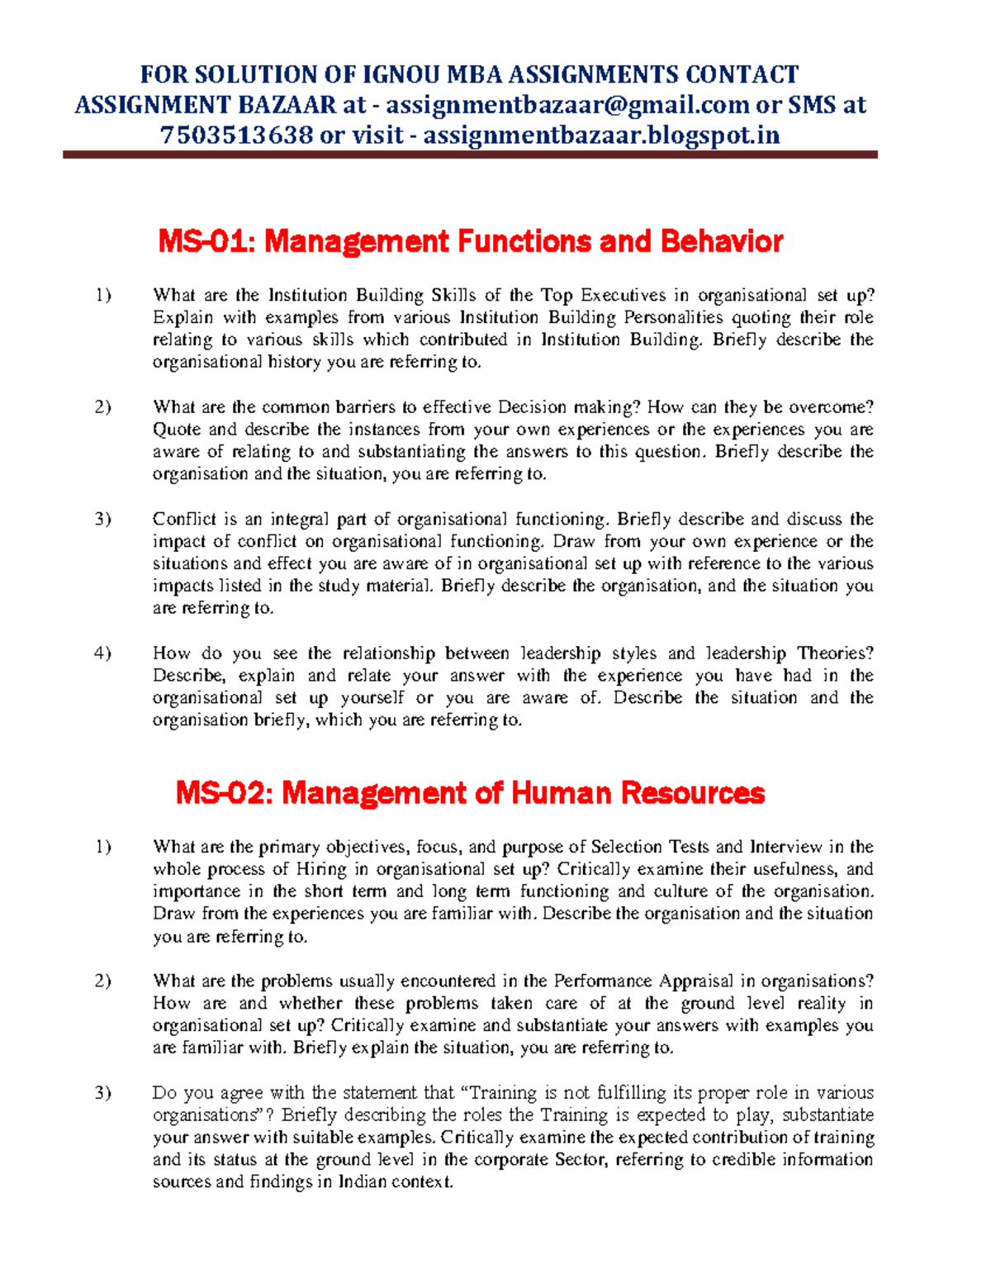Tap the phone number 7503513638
coord(236,135)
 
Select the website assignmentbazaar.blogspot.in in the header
coord(601,135)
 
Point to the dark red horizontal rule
coord(470,154)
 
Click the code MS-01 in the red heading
coord(206,241)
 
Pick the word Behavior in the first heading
coord(721,241)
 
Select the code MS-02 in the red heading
coord(224,793)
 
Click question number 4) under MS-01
coord(102,653)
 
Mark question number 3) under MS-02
coord(102,1093)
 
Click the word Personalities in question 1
coord(662,318)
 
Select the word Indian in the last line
coord(361,1182)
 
